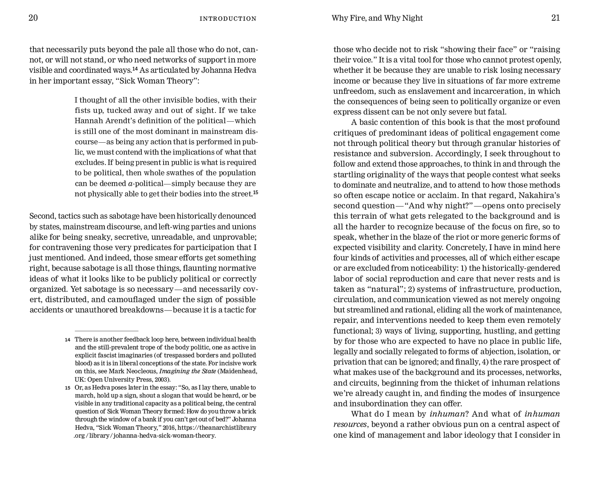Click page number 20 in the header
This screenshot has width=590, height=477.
click(x=33, y=18)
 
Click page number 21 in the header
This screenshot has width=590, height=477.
click(x=555, y=18)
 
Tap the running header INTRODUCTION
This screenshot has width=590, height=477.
click(x=228, y=19)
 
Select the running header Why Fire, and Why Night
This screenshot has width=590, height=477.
click(x=377, y=18)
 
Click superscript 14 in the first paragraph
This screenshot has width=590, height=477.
click(x=135, y=69)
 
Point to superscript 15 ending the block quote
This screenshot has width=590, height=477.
click(x=256, y=193)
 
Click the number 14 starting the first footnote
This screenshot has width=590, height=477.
click(x=67, y=340)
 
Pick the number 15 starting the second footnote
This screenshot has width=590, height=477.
click(x=67, y=388)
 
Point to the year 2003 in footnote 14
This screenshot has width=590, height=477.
click(x=161, y=379)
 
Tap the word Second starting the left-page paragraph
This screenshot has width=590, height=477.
click(x=42, y=216)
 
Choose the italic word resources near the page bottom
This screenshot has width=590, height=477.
click(x=350, y=424)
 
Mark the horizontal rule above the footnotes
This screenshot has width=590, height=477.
click(x=106, y=331)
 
